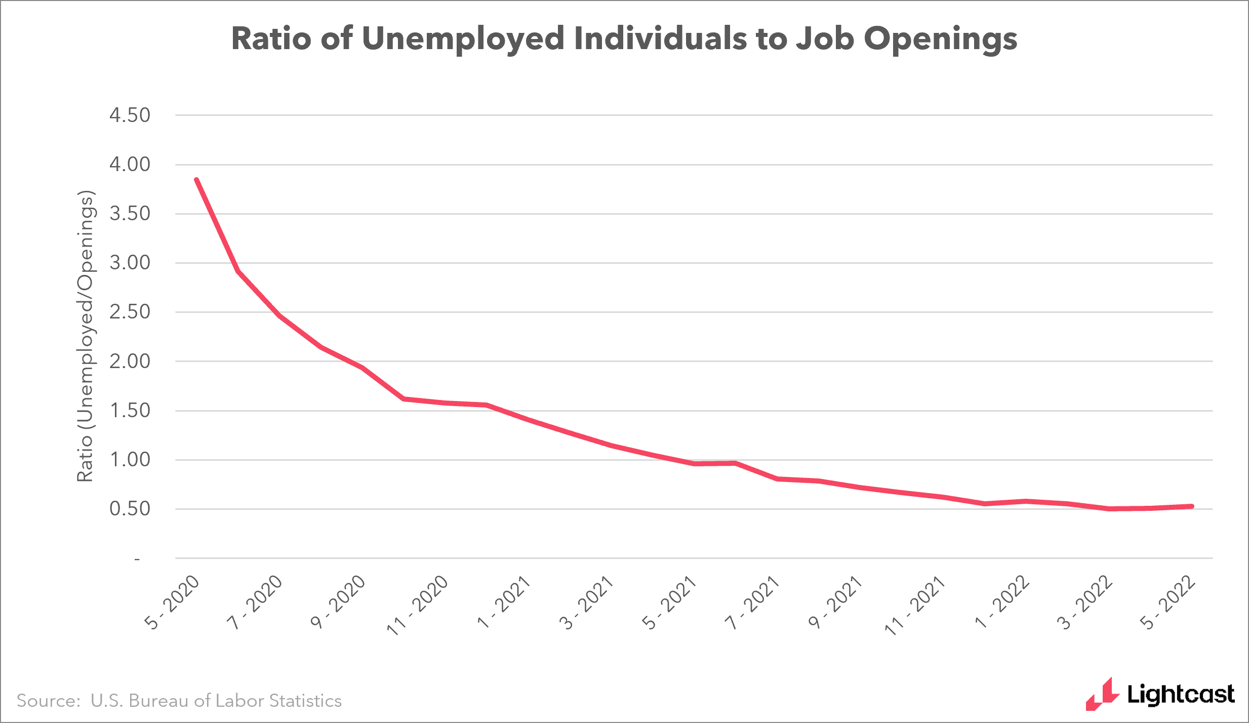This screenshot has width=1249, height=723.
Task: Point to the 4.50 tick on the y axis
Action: click(x=130, y=115)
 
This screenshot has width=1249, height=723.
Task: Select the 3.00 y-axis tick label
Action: click(x=130, y=263)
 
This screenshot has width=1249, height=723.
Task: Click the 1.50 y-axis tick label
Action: click(x=130, y=411)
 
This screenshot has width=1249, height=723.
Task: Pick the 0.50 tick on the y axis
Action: click(x=130, y=509)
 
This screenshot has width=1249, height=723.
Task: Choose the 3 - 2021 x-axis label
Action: click(x=586, y=602)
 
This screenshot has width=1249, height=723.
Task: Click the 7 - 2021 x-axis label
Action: click(x=752, y=602)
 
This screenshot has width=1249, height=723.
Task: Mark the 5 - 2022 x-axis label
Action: click(x=1168, y=602)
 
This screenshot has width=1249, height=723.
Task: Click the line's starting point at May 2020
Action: click(x=196, y=180)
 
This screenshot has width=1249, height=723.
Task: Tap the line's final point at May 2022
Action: click(x=1192, y=506)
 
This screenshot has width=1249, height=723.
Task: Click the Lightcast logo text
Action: click(x=1181, y=695)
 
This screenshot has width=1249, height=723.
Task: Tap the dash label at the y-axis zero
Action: click(x=137, y=559)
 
